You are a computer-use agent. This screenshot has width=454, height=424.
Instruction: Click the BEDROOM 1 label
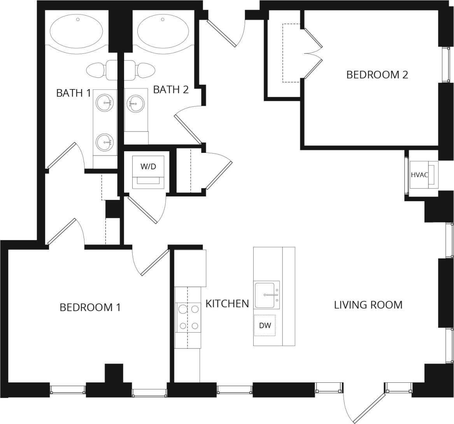click(90, 307)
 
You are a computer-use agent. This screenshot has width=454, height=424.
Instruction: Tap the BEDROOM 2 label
click(377, 74)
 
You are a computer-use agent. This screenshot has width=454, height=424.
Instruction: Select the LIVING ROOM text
click(368, 304)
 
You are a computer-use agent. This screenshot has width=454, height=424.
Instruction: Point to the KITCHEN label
click(227, 303)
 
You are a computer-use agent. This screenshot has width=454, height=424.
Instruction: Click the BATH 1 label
click(74, 93)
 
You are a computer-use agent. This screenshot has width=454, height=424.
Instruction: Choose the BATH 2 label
click(171, 89)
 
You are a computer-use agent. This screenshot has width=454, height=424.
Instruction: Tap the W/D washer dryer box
click(148, 172)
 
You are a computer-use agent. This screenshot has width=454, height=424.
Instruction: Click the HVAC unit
click(422, 175)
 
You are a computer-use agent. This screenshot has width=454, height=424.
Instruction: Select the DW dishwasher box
click(265, 325)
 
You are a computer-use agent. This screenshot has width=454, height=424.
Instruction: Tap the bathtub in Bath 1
click(77, 31)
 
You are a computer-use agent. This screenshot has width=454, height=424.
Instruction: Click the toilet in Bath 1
click(95, 70)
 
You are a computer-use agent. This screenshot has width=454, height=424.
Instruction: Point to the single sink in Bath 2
click(135, 103)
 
